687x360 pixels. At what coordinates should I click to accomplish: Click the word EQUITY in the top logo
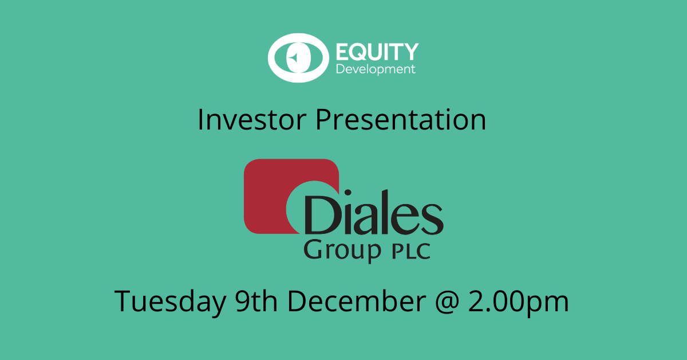coord(376,52)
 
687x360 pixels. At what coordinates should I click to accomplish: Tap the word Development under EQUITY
coord(376,70)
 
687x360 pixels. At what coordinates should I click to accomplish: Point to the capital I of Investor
coord(200,120)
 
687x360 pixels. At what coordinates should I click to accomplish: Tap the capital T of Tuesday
coord(124,301)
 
